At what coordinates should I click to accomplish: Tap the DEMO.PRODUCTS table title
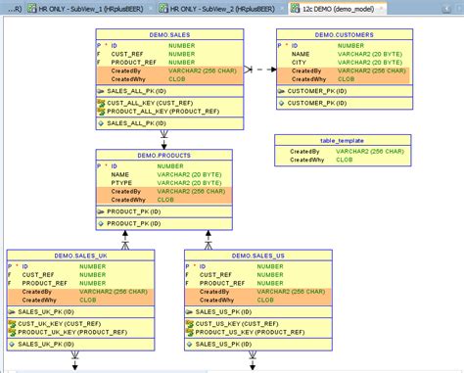[x=163, y=155]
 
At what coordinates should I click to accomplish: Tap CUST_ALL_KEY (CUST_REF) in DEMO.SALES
[x=147, y=102]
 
